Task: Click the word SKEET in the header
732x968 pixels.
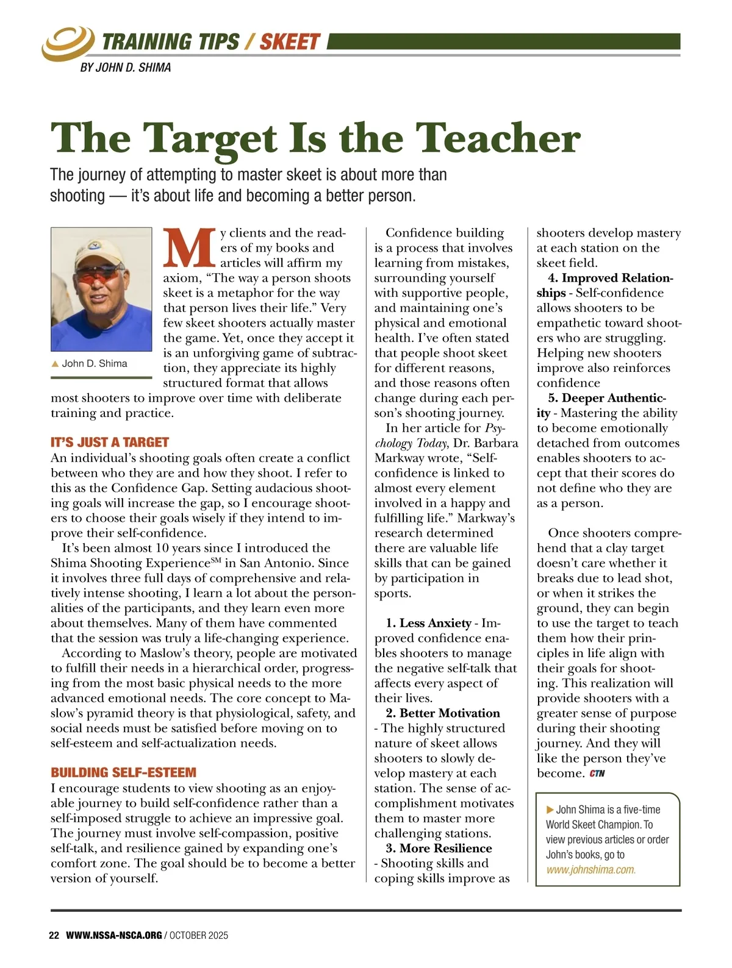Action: (290, 41)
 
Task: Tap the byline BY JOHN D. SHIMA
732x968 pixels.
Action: (126, 68)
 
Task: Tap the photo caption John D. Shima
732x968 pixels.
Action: (94, 363)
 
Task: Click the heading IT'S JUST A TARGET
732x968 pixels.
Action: (110, 443)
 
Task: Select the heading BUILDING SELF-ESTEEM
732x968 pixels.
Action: (124, 772)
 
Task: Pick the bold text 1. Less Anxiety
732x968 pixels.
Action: (428, 623)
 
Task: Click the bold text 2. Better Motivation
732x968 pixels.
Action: (442, 713)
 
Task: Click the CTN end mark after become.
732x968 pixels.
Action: (597, 774)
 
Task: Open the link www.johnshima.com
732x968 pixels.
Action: (591, 870)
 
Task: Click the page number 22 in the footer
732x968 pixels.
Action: (54, 935)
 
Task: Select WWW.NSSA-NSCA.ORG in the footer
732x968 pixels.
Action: (114, 935)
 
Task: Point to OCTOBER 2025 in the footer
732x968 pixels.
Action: (199, 935)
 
